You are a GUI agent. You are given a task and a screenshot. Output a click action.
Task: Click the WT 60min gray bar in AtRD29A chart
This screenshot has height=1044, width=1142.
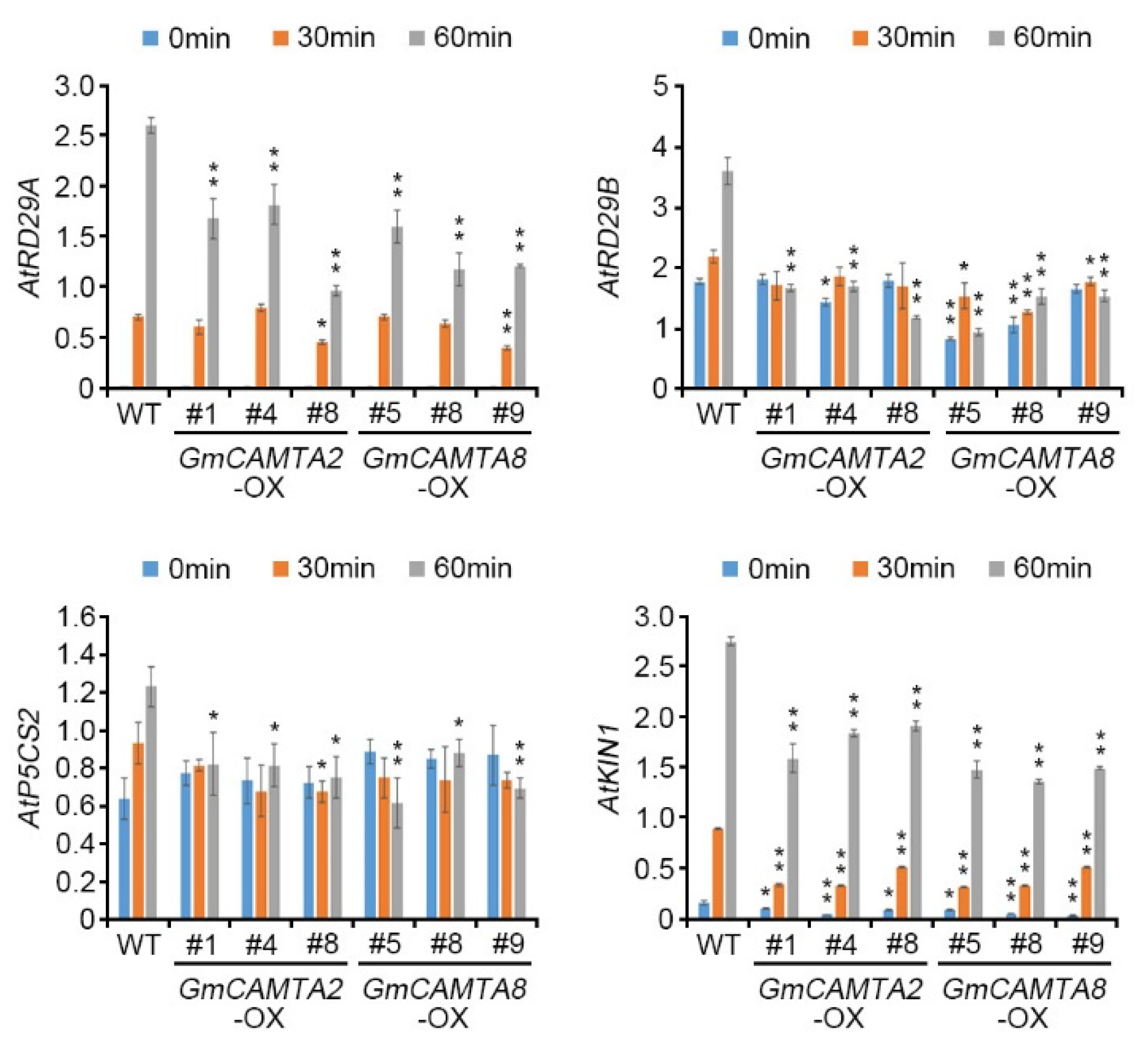point(151,256)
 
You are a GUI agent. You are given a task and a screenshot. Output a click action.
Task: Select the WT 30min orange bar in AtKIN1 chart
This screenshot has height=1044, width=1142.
point(718,873)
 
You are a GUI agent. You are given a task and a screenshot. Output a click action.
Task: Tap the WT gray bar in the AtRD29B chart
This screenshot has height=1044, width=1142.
point(727,279)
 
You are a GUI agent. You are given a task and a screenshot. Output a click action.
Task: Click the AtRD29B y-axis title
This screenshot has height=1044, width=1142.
point(610,238)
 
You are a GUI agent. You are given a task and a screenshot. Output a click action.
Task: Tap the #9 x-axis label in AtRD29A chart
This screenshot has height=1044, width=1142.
point(507,414)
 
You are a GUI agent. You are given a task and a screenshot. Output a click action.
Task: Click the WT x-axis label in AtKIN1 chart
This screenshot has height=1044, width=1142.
point(717,944)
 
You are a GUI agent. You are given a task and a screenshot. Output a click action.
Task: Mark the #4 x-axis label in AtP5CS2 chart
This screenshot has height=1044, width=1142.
point(260,944)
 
